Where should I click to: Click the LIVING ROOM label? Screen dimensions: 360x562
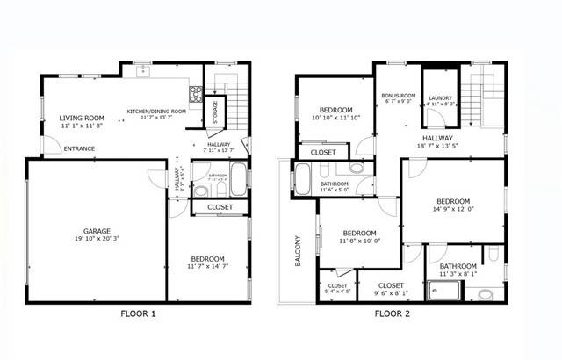point(82,118)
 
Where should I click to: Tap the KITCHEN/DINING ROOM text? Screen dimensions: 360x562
point(156,112)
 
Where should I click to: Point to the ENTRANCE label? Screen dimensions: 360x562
point(80,148)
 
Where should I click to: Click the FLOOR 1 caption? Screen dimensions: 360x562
point(139,313)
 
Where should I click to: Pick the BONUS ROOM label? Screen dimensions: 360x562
point(397,95)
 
